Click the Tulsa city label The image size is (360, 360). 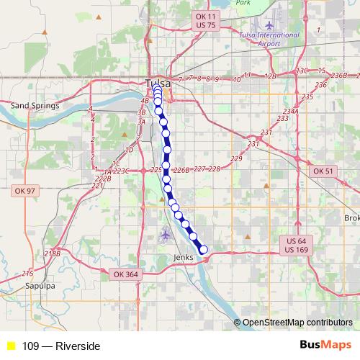[157, 82]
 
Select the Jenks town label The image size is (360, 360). [184, 257]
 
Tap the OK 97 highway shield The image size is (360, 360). [24, 191]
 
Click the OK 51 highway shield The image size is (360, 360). [324, 171]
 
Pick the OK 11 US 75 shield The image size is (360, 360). [205, 20]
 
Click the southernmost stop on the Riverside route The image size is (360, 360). [203, 250]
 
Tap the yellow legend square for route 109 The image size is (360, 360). [11, 346]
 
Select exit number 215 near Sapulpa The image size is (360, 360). [27, 273]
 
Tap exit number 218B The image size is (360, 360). [52, 253]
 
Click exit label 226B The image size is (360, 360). [181, 171]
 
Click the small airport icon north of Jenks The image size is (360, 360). [166, 234]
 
